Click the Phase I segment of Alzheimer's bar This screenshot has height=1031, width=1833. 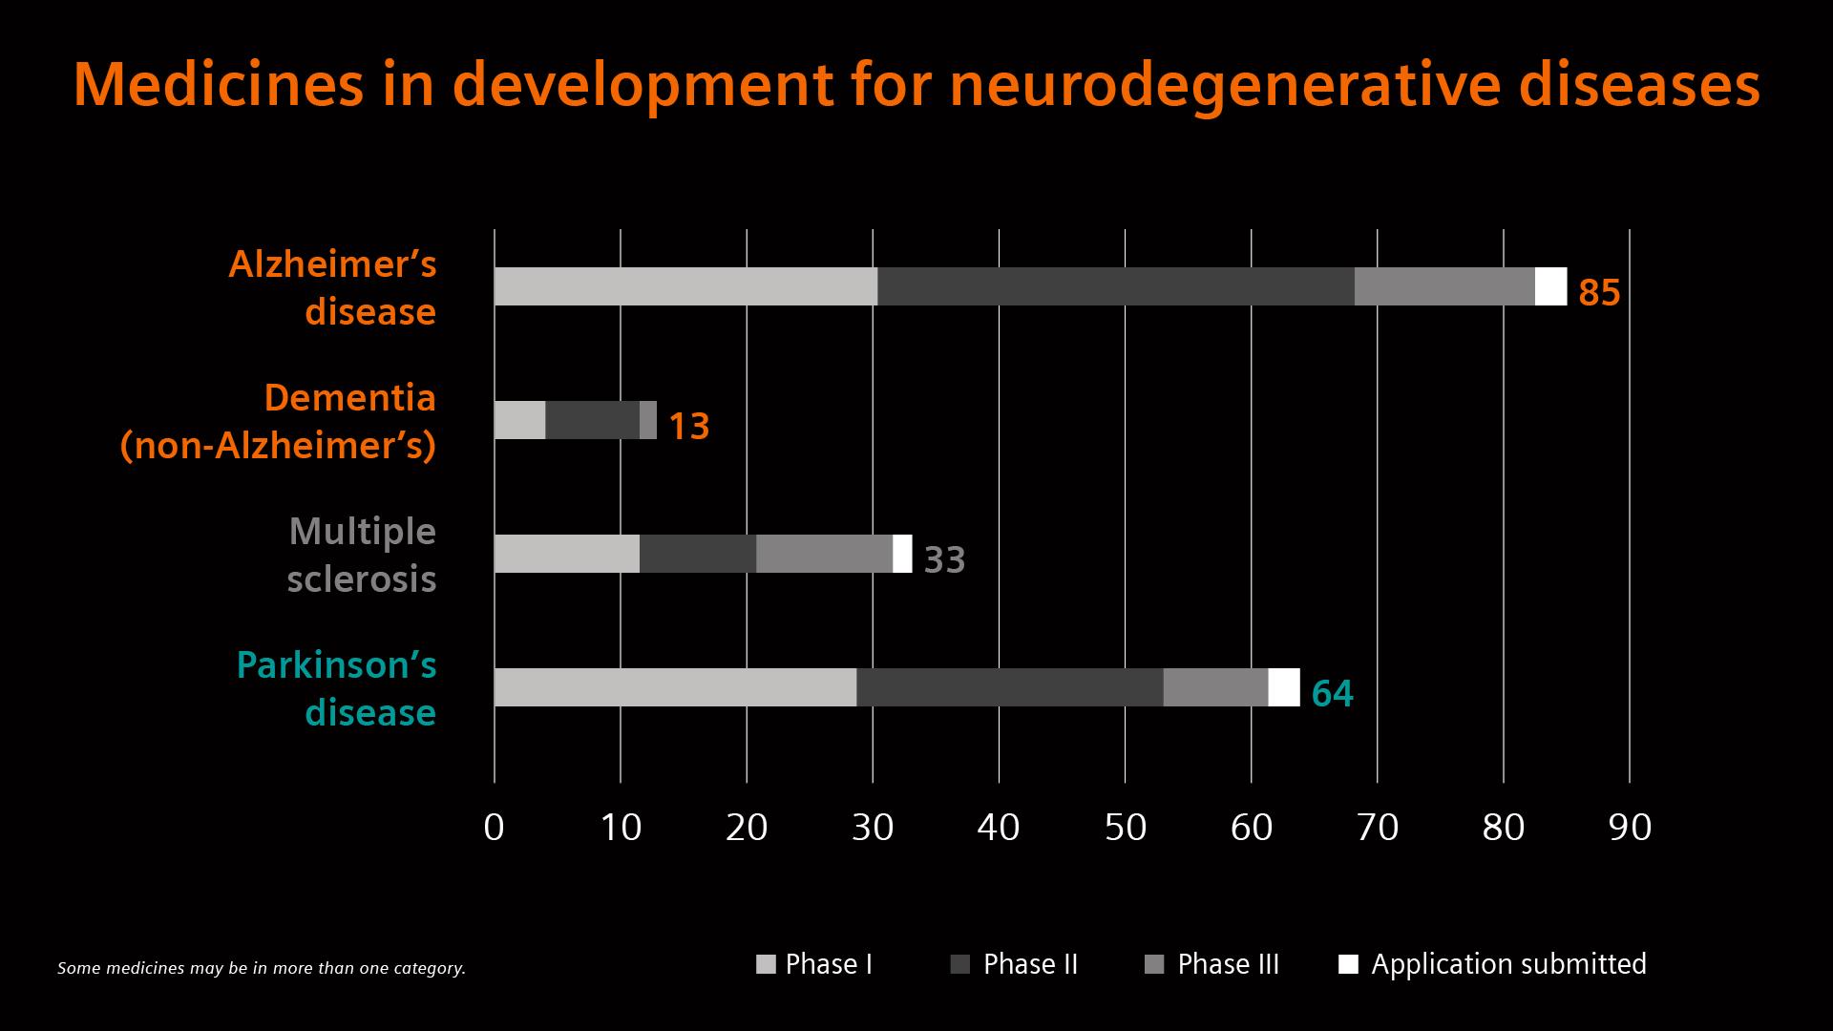685,286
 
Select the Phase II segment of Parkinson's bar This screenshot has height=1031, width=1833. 1009,687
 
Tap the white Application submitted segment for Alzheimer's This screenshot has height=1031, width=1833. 1550,286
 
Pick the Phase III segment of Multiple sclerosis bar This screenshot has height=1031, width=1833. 824,554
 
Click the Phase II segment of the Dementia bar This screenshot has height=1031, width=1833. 592,420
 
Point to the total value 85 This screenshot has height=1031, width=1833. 1599,292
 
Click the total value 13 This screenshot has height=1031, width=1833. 688,426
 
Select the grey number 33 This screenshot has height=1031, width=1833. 944,559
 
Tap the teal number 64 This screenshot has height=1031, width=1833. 1332,693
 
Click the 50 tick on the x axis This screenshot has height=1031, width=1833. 1125,827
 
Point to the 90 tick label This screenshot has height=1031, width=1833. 1629,827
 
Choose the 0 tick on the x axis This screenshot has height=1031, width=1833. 494,827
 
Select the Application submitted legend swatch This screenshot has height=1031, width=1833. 1348,964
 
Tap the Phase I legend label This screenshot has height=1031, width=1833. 828,964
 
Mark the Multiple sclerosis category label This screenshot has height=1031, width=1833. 362,555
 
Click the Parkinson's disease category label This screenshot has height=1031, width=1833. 337,688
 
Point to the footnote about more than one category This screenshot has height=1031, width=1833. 261,968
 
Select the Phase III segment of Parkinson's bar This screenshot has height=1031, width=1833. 1215,687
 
